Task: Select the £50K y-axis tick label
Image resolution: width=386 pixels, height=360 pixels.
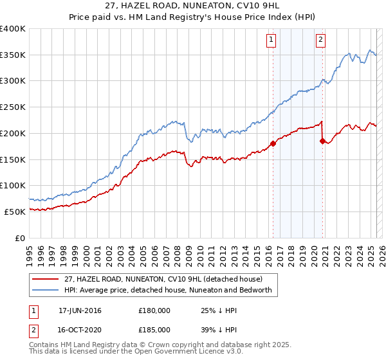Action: pyautogui.click(x=15, y=212)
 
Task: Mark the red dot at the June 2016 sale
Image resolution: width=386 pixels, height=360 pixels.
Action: pyautogui.click(x=273, y=143)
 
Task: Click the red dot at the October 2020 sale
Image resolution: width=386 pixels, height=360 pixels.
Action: pyautogui.click(x=322, y=141)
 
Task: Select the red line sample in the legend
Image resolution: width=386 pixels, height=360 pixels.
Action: pyautogui.click(x=46, y=279)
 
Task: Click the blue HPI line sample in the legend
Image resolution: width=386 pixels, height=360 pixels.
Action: pyautogui.click(x=46, y=290)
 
